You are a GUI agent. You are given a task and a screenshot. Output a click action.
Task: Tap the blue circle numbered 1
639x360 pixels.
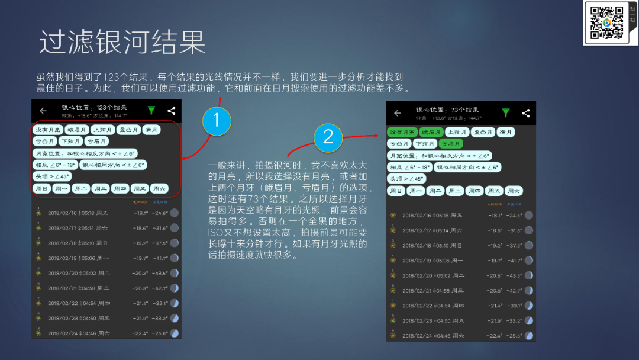(216, 121)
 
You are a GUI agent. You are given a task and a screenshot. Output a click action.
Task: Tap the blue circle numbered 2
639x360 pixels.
(328, 137)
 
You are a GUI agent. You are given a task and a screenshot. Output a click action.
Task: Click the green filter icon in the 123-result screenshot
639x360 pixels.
(151, 111)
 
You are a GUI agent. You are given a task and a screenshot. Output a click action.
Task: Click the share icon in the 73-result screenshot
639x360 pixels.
(525, 113)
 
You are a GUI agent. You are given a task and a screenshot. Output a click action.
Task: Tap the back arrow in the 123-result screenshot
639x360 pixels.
(43, 111)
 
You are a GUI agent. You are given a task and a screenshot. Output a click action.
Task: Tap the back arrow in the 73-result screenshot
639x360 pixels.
(398, 113)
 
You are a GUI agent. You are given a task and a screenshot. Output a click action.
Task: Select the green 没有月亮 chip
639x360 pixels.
(402, 132)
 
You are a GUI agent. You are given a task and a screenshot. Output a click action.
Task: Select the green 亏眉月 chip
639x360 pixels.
(451, 143)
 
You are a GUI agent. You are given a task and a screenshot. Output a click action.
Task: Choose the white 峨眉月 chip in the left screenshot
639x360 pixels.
(77, 130)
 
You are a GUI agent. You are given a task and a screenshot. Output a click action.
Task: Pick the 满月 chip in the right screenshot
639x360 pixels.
(505, 132)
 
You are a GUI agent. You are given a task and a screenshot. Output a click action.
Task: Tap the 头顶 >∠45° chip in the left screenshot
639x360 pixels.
(52, 176)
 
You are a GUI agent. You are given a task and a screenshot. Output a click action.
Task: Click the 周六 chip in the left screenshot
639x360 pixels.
(159, 188)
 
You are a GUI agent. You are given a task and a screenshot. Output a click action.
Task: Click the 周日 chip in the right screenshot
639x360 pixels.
(397, 191)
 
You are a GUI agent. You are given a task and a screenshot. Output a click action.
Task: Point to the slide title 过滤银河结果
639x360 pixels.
(122, 43)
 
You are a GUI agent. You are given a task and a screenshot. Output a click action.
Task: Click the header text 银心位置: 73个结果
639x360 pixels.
(447, 110)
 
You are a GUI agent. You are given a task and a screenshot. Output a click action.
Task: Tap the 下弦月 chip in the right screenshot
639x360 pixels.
(424, 143)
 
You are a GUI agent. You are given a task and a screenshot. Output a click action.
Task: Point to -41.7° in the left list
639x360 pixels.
(159, 258)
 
